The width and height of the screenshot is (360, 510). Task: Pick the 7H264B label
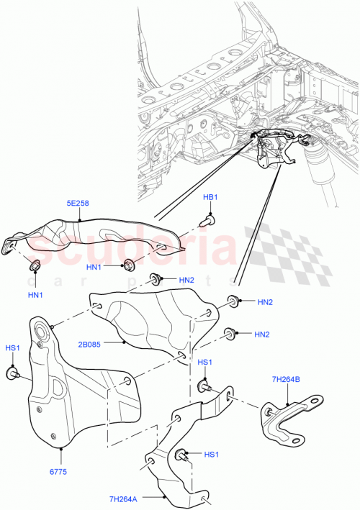pos(287,379)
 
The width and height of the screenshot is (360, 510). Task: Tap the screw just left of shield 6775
pos(12,373)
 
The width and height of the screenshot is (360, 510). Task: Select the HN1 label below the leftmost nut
pos(34,295)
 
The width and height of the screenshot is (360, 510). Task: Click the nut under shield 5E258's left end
pos(34,267)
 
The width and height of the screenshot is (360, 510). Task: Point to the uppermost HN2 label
pos(186,280)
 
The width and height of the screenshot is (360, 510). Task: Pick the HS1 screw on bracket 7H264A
pos(180,455)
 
